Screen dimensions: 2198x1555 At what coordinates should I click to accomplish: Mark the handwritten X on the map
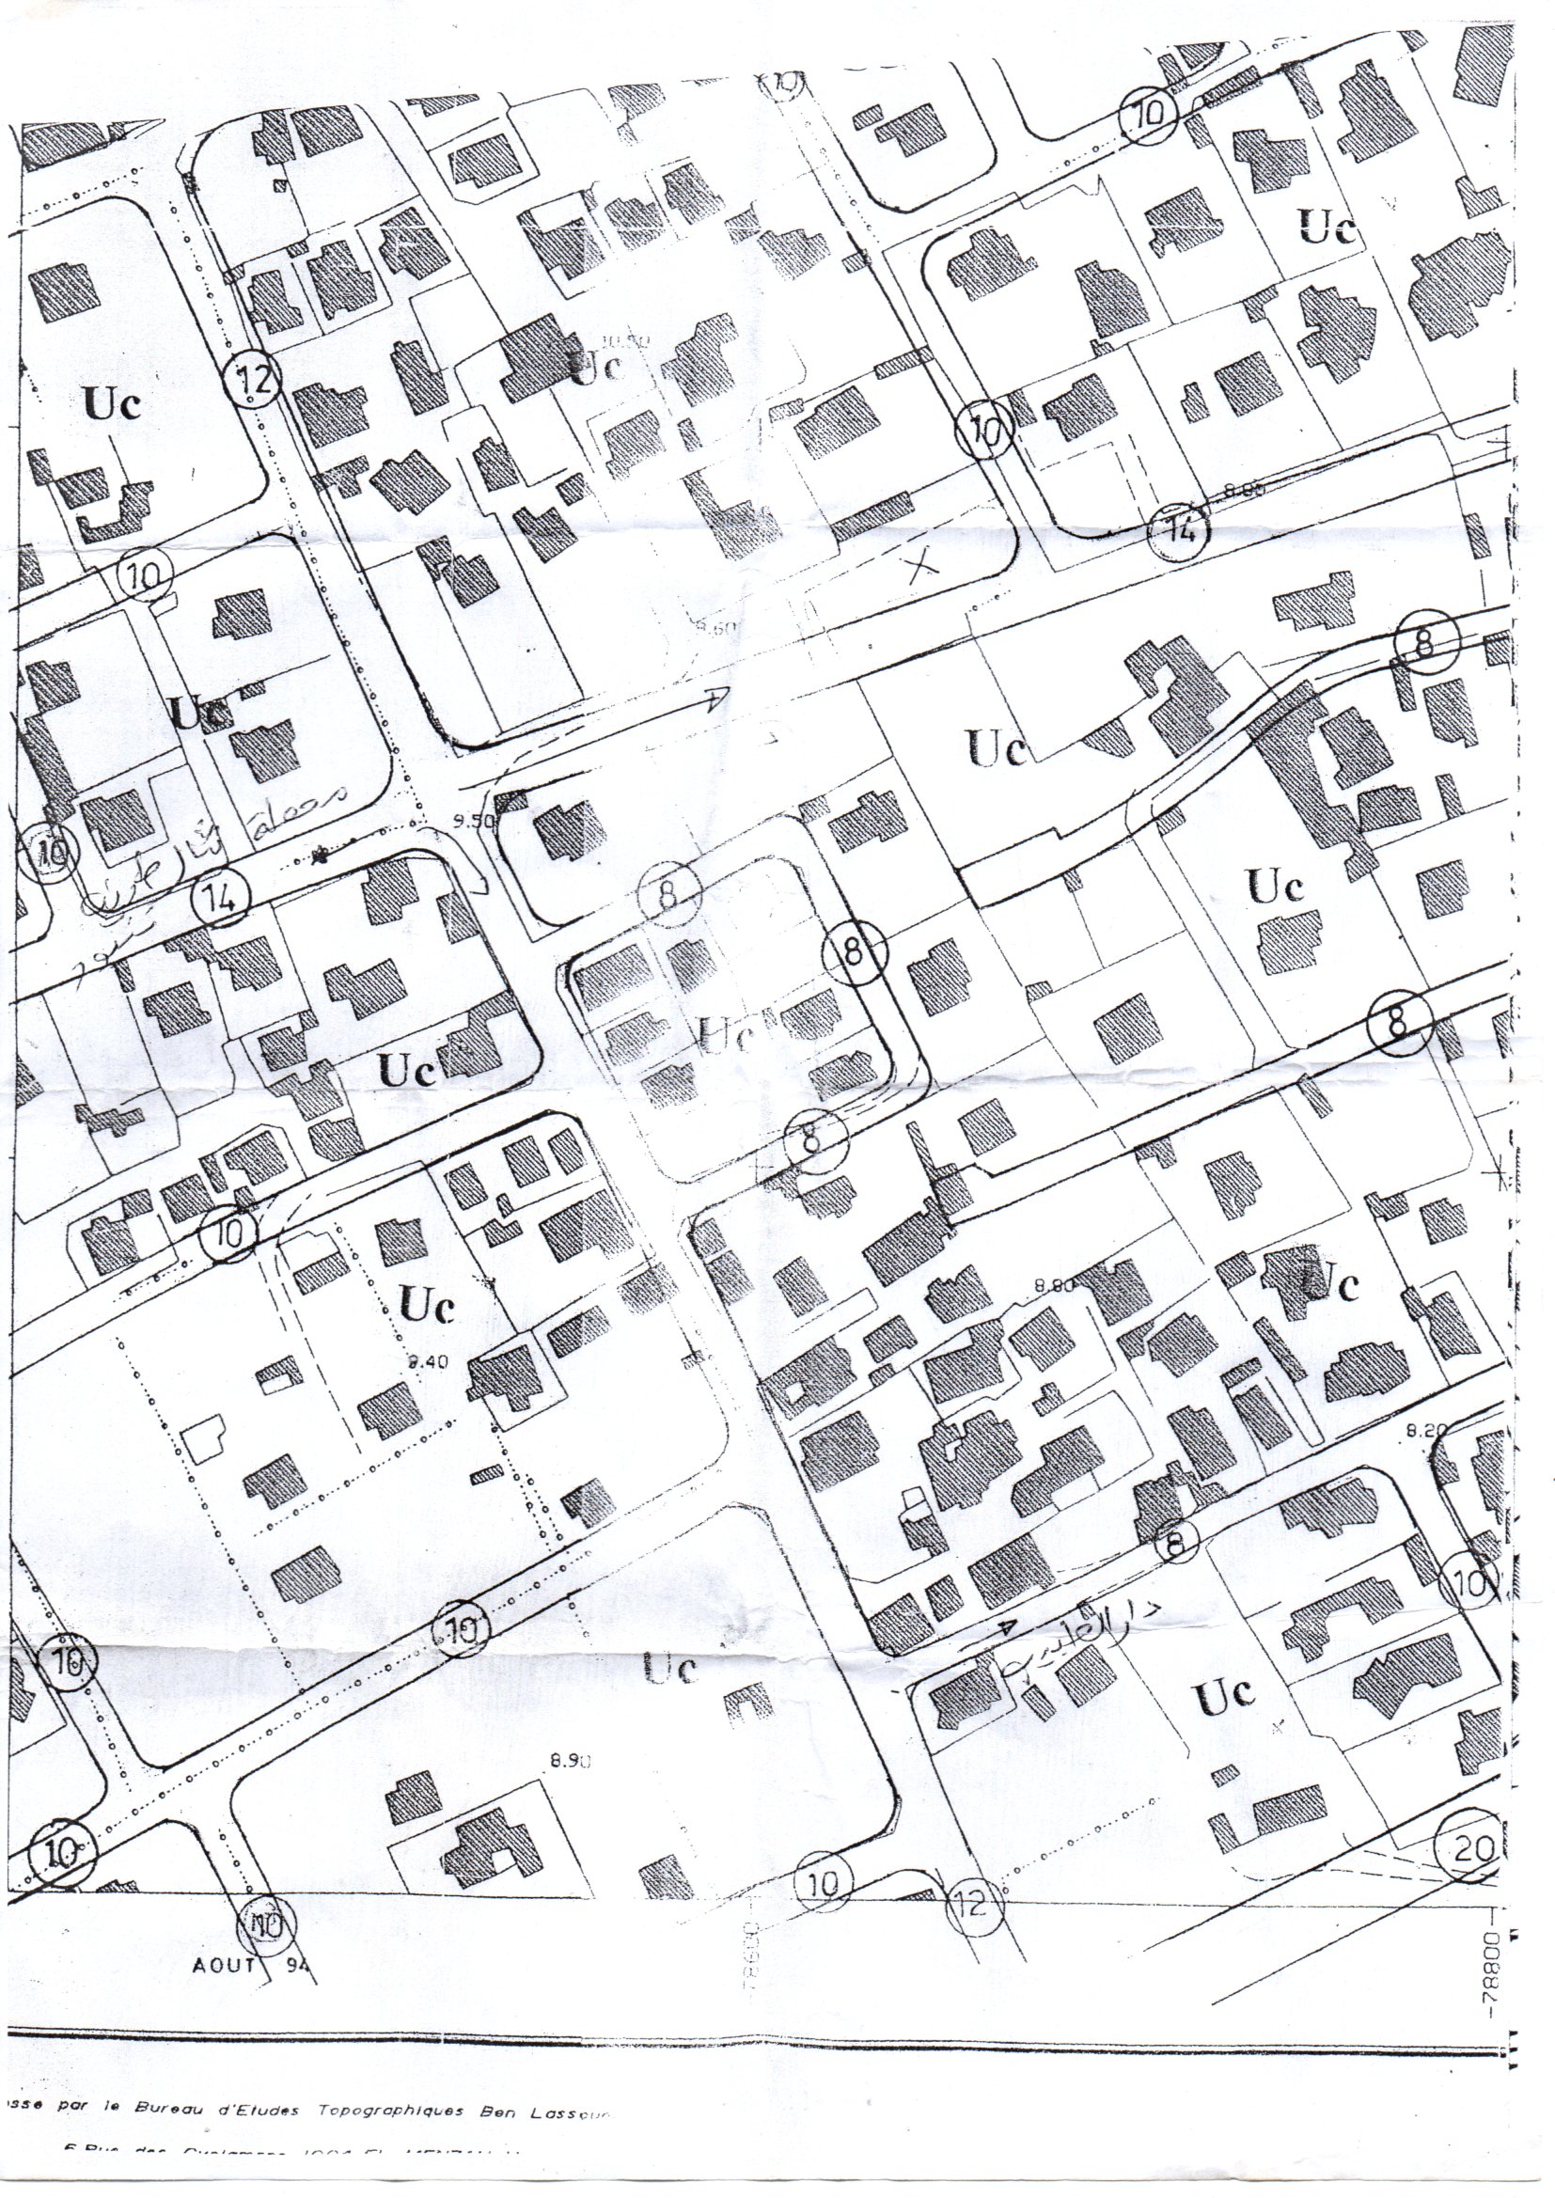(923, 568)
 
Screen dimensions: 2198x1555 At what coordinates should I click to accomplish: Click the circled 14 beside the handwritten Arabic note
(219, 897)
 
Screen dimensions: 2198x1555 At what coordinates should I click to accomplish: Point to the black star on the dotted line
(321, 852)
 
